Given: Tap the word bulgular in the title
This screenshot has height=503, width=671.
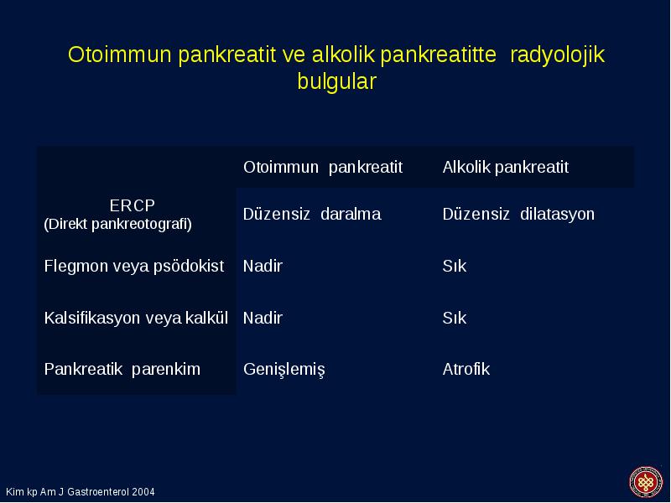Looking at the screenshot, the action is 337,81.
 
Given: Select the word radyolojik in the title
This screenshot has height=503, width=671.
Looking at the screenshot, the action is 557,55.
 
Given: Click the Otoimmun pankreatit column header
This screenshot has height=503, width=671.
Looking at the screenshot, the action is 323,167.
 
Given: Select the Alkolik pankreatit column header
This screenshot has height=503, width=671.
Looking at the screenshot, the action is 506,167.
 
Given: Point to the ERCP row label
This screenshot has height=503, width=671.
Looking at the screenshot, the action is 133,205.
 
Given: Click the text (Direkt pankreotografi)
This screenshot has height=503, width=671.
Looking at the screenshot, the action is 117,224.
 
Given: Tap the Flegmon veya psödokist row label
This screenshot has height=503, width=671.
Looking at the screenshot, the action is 134,266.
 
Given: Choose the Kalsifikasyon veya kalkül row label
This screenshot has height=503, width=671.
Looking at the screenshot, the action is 136,319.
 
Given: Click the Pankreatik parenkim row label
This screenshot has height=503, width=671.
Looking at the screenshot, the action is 122,369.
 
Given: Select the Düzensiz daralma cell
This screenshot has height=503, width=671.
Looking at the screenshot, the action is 312,214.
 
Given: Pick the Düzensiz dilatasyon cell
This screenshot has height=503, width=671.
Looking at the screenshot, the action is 518,214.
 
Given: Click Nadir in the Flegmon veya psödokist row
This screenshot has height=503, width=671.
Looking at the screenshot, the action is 263,266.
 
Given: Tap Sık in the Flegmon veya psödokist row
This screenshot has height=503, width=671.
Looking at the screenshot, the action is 454,266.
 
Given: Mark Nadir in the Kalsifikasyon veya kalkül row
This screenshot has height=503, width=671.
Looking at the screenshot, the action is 263,319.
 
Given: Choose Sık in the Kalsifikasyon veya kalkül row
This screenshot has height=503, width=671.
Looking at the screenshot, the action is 454,319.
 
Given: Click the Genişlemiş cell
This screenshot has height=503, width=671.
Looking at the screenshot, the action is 284,370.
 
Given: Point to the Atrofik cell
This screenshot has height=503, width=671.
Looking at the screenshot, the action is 466,369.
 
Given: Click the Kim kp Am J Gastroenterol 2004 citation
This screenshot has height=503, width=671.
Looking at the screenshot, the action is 81,492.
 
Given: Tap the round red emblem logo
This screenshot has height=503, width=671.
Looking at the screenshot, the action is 646,482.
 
